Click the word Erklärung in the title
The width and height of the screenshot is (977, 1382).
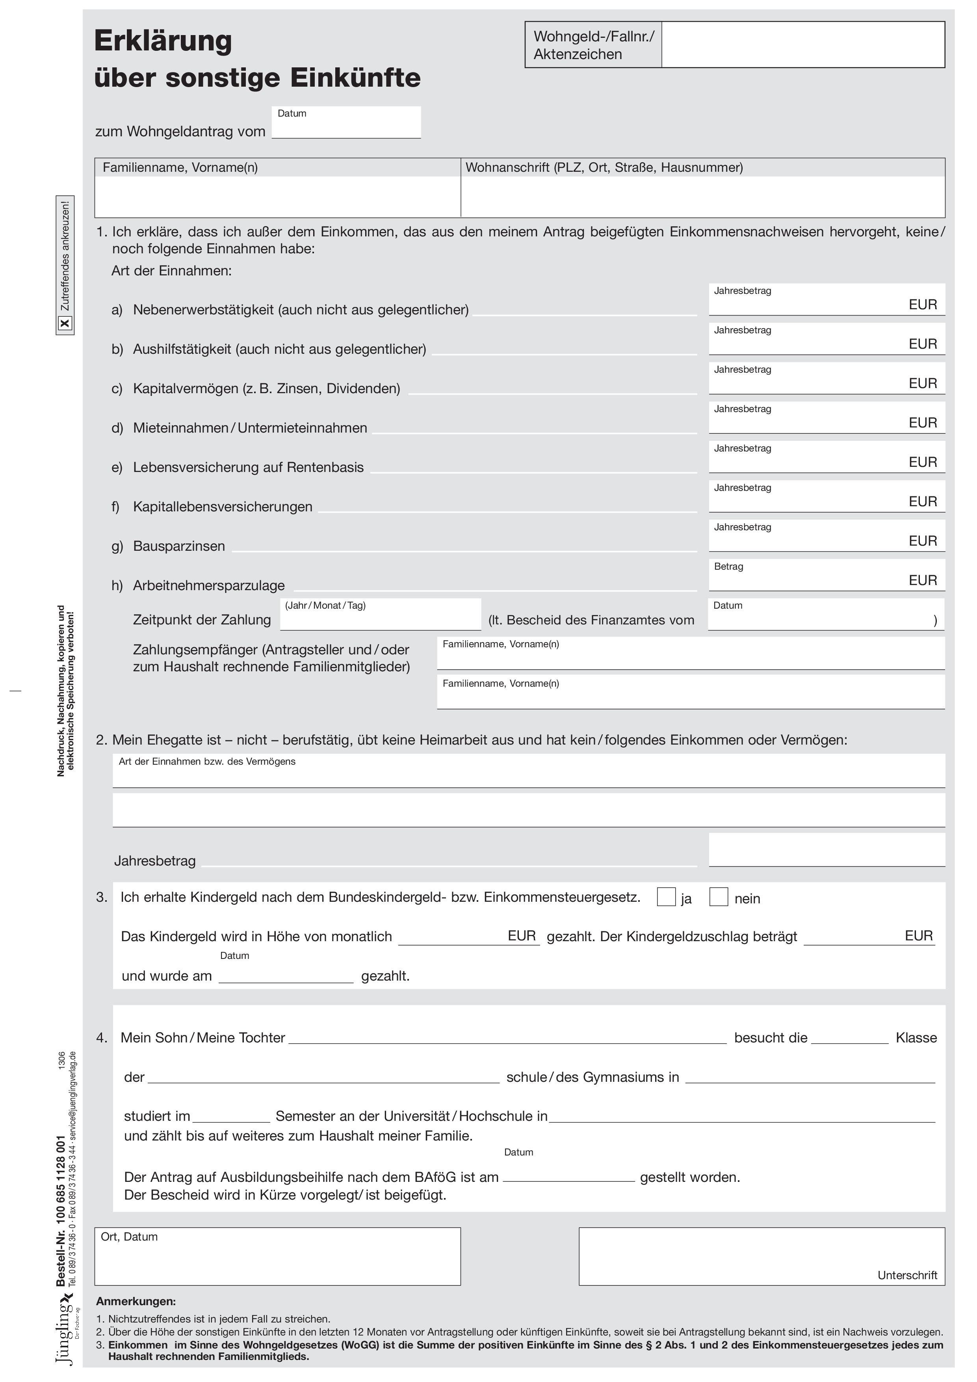(x=163, y=41)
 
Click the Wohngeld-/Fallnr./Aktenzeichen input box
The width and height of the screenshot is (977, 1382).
(x=802, y=45)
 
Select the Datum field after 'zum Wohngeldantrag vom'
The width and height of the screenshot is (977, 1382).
(x=346, y=125)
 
